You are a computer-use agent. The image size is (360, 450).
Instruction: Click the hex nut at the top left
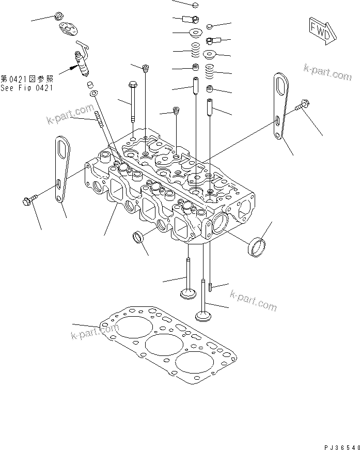[59, 17]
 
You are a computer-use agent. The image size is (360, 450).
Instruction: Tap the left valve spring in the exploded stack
[195, 51]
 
